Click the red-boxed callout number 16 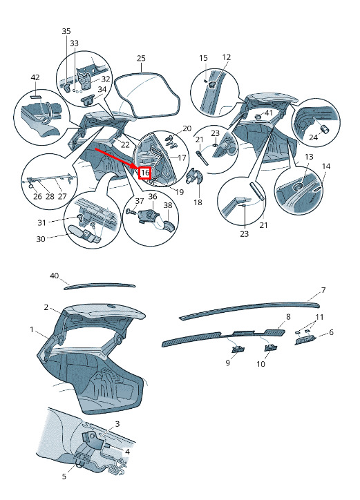[x=145, y=173]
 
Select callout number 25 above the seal [x=141, y=58]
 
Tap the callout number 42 [x=35, y=77]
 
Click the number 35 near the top [x=66, y=31]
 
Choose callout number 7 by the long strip [x=323, y=290]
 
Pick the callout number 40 [x=55, y=275]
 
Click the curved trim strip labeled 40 [x=100, y=286]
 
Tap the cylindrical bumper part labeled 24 [x=325, y=129]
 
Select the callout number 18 [x=198, y=202]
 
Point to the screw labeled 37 [x=131, y=211]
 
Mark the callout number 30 [x=41, y=238]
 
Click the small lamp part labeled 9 [x=237, y=349]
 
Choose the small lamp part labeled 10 [x=271, y=348]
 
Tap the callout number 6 [x=331, y=332]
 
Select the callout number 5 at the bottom [x=64, y=477]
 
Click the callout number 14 [x=326, y=166]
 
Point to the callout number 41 [x=269, y=113]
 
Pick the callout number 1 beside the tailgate [x=32, y=329]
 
